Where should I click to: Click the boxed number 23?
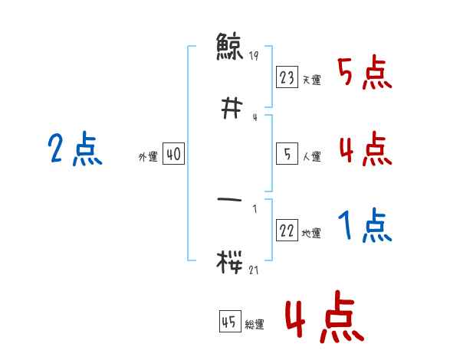pos(287,78)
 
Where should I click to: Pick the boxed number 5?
pos(287,155)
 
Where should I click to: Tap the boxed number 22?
pos(287,231)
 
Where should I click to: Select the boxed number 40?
pos(173,155)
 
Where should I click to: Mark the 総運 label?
pos(255,324)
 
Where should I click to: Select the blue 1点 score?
pos(364,226)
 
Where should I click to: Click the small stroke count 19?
pos(254,56)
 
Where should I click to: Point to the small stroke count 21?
pos(254,270)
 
